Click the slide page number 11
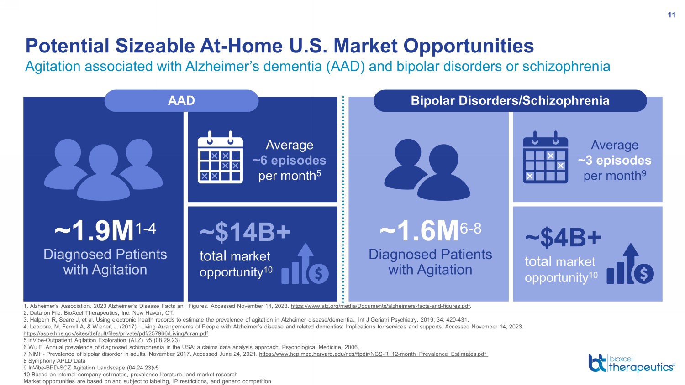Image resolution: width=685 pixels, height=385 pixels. coord(671,15)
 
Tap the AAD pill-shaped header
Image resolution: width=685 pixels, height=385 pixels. coord(181,100)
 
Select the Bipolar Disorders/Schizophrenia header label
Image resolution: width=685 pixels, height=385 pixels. coord(510,100)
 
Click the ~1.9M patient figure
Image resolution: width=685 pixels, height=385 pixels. coord(105,231)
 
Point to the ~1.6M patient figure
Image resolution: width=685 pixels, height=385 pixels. coord(431,231)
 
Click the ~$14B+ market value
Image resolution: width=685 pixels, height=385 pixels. coord(245,232)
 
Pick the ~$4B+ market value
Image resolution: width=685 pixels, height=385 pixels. coord(563,238)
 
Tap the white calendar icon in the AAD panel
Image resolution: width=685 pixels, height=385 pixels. coord(220,157)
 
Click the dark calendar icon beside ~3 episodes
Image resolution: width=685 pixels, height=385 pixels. coord(545,157)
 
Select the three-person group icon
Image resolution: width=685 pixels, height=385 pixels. coord(103,170)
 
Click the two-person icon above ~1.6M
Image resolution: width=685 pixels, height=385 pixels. coord(427,170)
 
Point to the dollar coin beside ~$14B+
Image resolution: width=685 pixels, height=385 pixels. coord(318,273)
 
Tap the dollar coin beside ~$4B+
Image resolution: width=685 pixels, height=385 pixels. coord(644,273)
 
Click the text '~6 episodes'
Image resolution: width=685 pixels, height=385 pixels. coord(289,161)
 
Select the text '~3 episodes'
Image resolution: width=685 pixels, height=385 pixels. coord(614,161)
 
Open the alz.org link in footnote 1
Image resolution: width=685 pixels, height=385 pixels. coord(380,306)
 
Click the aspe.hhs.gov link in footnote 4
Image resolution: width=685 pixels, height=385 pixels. coord(116,333)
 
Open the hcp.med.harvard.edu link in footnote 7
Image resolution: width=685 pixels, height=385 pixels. coord(374,354)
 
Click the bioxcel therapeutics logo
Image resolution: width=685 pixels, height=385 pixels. coord(632,363)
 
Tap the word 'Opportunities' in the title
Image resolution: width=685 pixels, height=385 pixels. coord(469,46)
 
